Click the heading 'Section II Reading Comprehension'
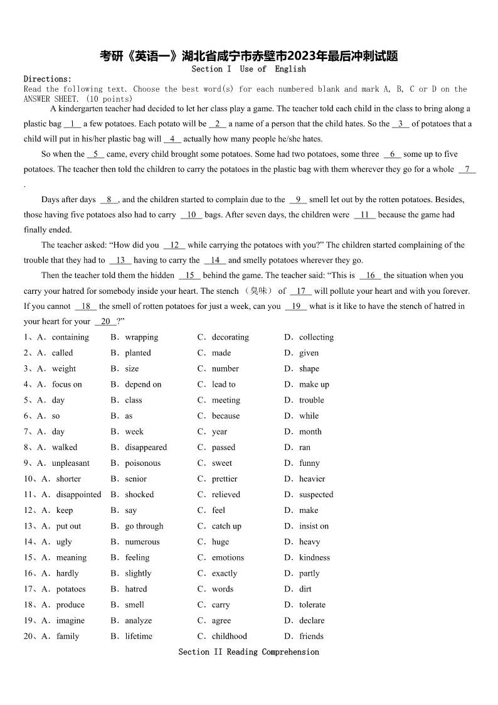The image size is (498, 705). pos(248,652)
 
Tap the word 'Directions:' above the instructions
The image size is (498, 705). pos(48,79)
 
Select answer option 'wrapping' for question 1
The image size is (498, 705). pos(141,337)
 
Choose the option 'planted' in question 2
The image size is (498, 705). pos(137,353)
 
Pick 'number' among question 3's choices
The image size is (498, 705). pos(225,369)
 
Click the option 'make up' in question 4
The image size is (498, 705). pos(314,384)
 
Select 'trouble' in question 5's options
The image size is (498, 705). pos(311,400)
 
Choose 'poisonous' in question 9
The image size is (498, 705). pos(142,463)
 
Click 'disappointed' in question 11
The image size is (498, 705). pos(78,495)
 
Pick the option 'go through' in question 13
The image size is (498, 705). pos(144,526)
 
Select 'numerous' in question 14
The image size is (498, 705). pos(142,542)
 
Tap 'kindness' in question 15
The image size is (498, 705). pos(314,557)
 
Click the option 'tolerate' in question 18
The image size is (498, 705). pos(312,605)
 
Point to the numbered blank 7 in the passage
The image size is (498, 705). pos(467,170)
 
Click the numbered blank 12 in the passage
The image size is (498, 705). pos(174,245)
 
